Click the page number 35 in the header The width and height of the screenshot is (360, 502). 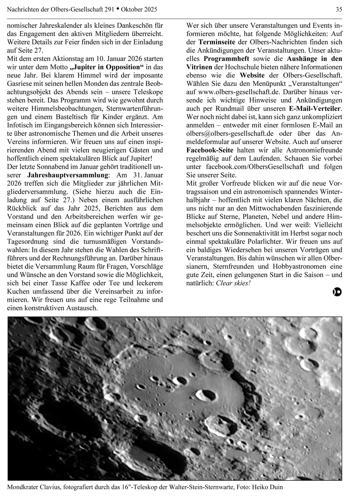tap(338, 10)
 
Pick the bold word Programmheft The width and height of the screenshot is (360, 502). tap(226, 59)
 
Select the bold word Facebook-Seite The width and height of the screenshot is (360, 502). tap(210, 150)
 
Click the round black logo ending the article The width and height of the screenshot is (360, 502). tap(337, 292)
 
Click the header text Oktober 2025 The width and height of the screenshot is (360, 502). tap(141, 10)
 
